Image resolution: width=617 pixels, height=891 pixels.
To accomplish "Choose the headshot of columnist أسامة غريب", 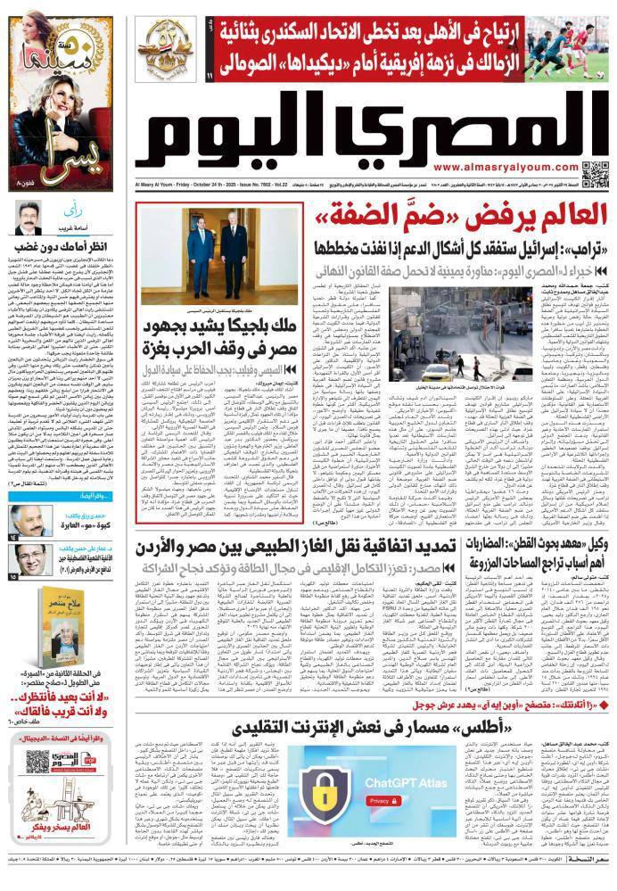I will (29, 219).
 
